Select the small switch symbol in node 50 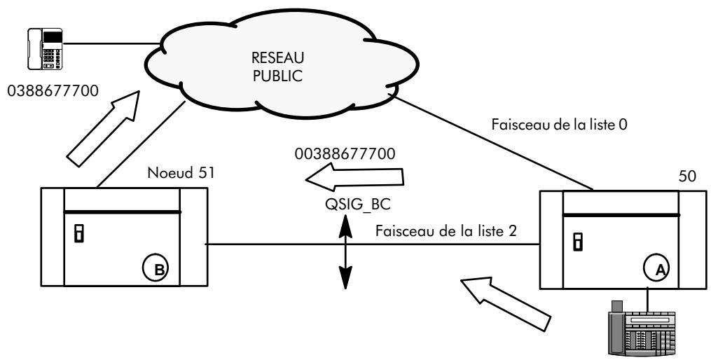pyautogui.click(x=578, y=242)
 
